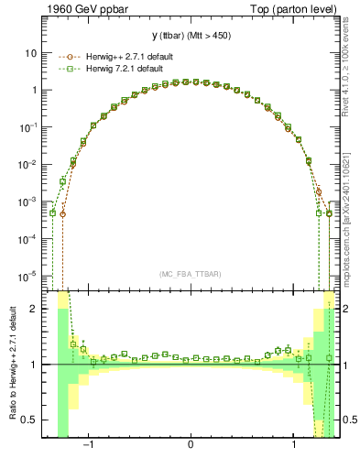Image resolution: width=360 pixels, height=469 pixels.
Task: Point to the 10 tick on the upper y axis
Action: click(x=30, y=53)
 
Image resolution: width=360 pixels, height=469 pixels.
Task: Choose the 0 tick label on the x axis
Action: click(x=191, y=446)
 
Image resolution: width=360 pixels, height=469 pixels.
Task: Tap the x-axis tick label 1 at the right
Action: click(x=293, y=446)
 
